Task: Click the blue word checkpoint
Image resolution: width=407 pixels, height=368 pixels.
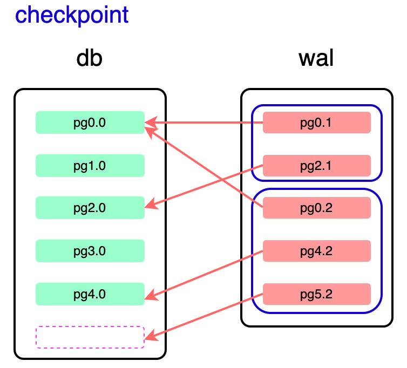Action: pos(72,15)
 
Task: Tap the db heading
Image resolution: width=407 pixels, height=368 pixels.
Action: pos(90,58)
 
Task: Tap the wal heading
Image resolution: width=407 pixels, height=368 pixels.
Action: pos(316,58)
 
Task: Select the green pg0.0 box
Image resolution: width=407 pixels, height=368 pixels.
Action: pos(90,122)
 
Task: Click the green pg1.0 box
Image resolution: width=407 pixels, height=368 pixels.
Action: pos(90,165)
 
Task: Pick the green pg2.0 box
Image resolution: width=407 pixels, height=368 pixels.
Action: pos(90,208)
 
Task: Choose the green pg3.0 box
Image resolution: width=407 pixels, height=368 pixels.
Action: pos(90,251)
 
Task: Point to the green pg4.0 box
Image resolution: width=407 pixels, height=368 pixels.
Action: pos(90,294)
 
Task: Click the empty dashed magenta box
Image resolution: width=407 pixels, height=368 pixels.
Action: pos(90,337)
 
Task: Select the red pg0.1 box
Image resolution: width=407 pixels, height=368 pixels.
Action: pos(316,122)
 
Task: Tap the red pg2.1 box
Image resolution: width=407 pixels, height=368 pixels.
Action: pos(316,165)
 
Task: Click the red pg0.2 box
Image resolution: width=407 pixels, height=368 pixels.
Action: pos(316,208)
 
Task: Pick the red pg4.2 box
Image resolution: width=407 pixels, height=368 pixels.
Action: pos(316,251)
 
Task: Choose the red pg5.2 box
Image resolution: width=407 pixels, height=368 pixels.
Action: pos(316,294)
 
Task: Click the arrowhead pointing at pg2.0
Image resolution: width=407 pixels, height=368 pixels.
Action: pos(151,205)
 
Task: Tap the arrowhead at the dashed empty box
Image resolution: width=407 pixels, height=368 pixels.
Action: pos(151,337)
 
